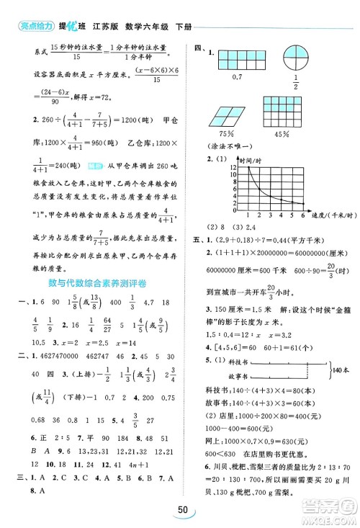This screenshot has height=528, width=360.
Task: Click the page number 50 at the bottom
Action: click(179, 511)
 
